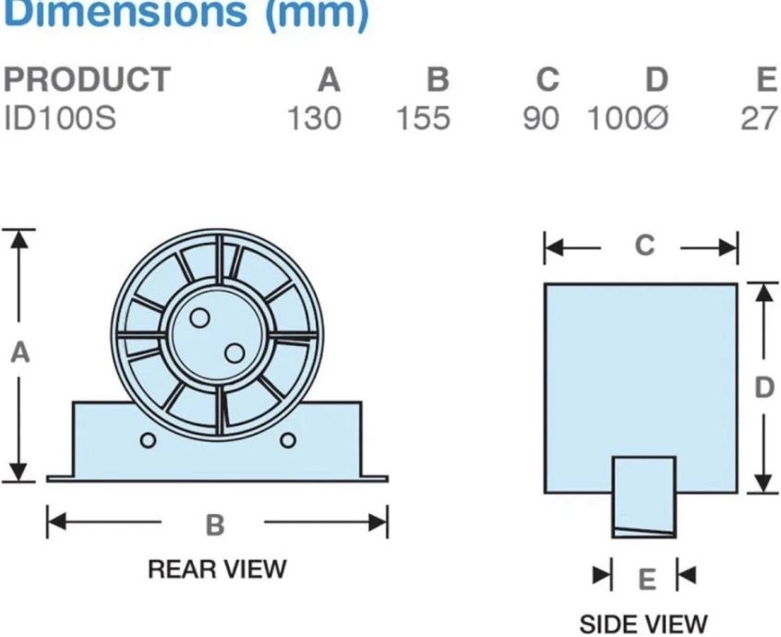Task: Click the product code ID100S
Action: click(60, 120)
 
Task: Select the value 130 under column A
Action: click(314, 120)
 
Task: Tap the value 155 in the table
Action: click(424, 120)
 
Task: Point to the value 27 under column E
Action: click(759, 120)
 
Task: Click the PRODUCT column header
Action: click(87, 80)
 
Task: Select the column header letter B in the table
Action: click(438, 80)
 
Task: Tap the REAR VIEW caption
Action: click(218, 569)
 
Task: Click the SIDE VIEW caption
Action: click(643, 624)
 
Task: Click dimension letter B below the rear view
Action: click(215, 524)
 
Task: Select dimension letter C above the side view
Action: click(645, 246)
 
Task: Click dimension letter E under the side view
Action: click(647, 579)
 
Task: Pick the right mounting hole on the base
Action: click(288, 439)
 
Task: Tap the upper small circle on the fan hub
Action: click(199, 318)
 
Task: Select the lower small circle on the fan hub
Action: click(235, 354)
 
